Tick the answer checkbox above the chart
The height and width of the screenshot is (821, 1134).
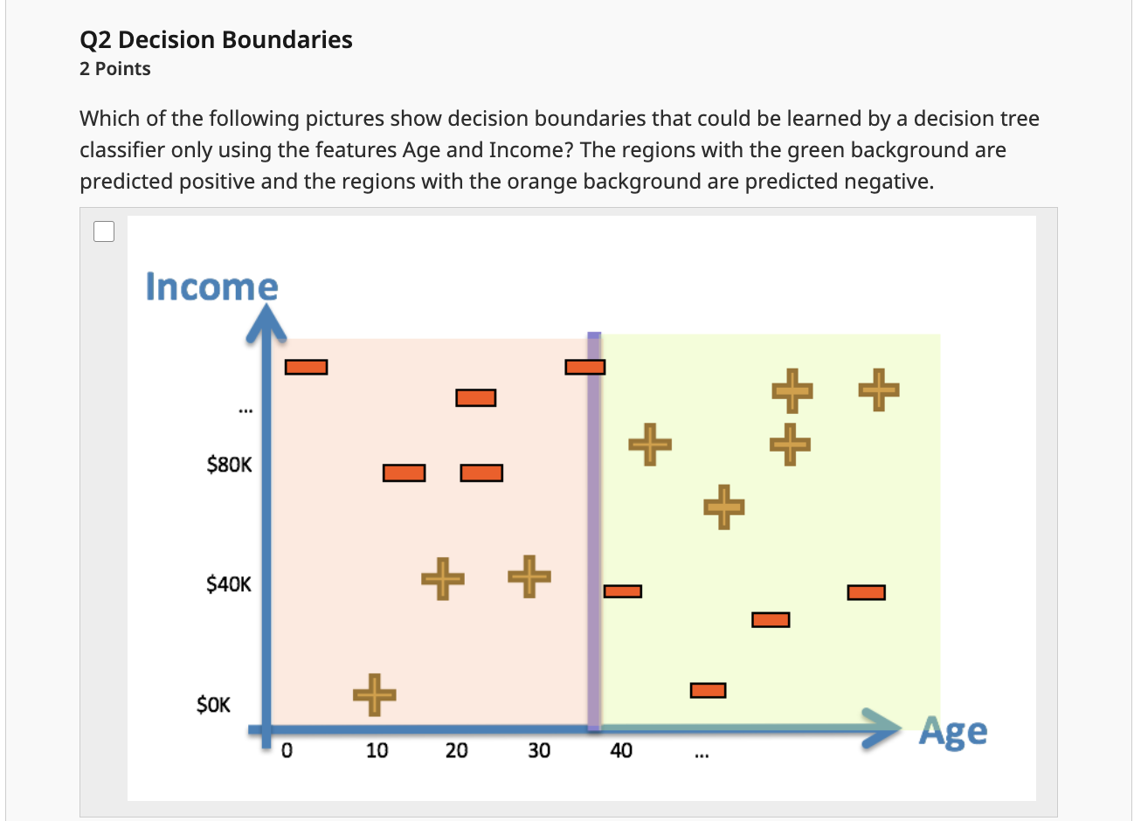[x=104, y=231]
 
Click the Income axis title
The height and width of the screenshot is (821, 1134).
[x=211, y=286]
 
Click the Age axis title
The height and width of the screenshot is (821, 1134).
[x=953, y=732]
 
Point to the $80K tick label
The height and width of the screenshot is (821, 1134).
[x=229, y=465]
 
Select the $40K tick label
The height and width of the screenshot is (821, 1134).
[x=229, y=584]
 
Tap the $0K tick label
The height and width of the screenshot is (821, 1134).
[x=214, y=705]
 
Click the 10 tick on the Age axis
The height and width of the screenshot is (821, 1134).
[x=377, y=750]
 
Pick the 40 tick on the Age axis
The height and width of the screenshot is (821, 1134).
[x=621, y=750]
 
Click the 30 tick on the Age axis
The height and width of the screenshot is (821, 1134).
[x=539, y=750]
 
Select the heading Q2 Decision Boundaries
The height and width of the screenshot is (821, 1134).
[x=216, y=40]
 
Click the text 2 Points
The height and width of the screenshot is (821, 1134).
[x=114, y=69]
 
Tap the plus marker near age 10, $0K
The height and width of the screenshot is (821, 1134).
[x=375, y=694]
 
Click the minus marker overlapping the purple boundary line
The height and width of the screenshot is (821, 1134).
[x=584, y=367]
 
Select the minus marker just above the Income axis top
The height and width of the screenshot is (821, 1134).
[x=306, y=367]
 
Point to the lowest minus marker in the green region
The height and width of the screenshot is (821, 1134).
[x=708, y=691]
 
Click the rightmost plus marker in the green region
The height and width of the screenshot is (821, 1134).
[x=878, y=390]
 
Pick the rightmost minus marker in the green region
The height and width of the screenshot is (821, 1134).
[x=866, y=593]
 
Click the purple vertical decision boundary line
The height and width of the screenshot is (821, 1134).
[x=594, y=524]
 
